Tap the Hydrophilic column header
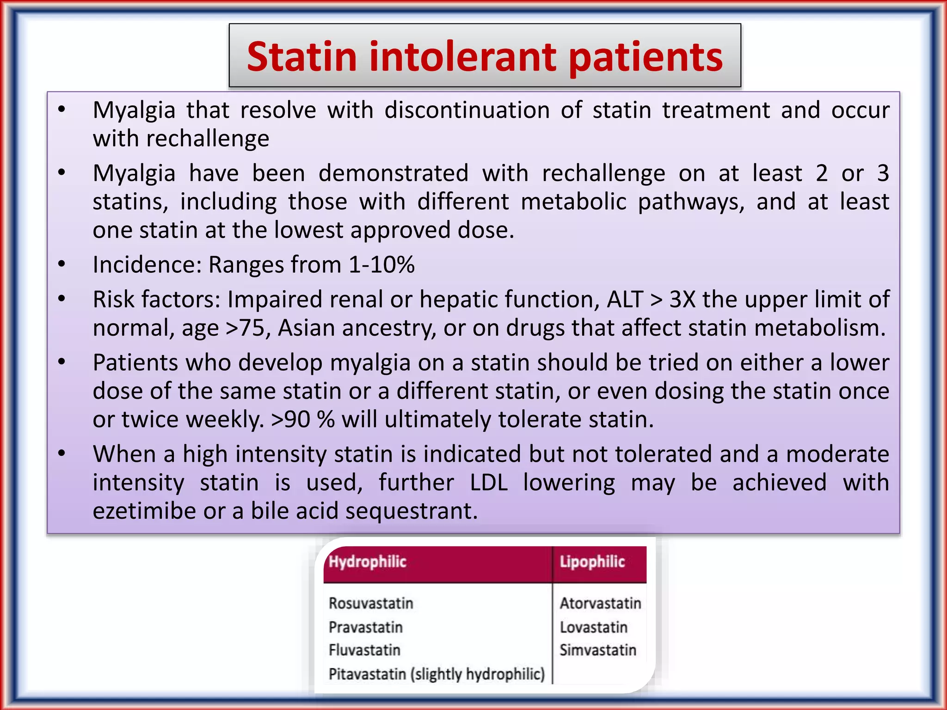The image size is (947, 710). point(367,562)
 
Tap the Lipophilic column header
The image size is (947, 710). point(592,562)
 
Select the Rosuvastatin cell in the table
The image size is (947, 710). point(371,603)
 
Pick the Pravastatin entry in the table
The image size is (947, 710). point(365,627)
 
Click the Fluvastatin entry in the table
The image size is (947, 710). point(364,650)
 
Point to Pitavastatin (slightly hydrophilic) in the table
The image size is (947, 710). point(437,674)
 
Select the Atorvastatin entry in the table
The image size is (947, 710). point(600,603)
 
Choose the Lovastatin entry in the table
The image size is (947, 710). point(594,627)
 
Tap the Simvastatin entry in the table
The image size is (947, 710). point(598,650)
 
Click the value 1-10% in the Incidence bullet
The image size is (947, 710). point(381,265)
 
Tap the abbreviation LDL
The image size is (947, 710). point(488,483)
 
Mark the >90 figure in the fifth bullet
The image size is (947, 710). point(290,420)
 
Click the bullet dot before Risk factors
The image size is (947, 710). point(61,299)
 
